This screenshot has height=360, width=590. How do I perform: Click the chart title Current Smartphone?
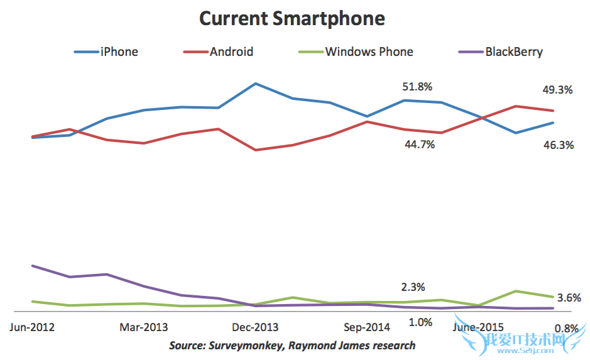(x=292, y=18)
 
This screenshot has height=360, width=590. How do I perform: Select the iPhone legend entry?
(x=119, y=52)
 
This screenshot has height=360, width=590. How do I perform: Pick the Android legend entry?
(x=231, y=52)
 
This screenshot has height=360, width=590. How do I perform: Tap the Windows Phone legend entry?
(x=369, y=52)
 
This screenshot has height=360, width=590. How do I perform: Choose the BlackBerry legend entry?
(x=513, y=52)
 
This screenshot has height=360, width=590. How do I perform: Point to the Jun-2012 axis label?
(x=32, y=327)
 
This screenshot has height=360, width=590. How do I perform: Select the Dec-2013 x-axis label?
(x=255, y=327)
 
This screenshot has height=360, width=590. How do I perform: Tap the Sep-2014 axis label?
(x=368, y=327)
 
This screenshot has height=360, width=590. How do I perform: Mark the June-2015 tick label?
(x=478, y=327)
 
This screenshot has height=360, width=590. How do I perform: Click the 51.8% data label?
(x=417, y=87)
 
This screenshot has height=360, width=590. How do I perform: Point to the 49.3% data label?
(x=557, y=90)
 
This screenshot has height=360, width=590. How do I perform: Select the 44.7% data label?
(x=420, y=145)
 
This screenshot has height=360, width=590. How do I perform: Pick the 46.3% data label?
(x=558, y=145)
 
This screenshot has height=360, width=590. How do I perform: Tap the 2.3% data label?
(x=413, y=287)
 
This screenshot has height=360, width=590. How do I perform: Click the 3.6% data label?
(x=569, y=298)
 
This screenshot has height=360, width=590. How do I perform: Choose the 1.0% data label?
(x=420, y=322)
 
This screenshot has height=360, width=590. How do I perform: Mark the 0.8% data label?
(x=566, y=329)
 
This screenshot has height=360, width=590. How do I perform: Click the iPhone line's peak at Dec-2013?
(x=255, y=83)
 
